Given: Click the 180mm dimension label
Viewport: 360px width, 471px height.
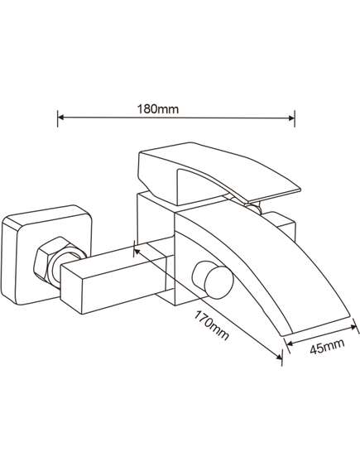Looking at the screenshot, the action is pos(158,108).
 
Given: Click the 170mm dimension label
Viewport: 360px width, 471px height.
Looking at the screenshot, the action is pos(212,325).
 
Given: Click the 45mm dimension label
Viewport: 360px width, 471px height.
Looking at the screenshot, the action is pos(327,346).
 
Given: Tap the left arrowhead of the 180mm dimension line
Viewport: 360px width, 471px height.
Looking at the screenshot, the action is pos(60,117).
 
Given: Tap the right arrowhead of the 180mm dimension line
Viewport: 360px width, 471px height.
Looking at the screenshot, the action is pos(291,118).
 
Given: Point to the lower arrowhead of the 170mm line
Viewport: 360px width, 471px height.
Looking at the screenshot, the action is pos(279,356).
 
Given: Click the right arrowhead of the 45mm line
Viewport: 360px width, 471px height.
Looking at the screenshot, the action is pos(353,327).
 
